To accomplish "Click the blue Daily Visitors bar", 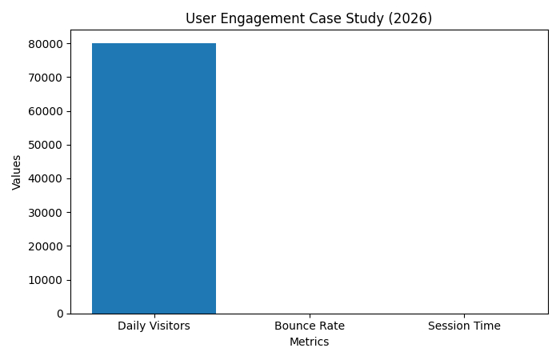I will click(154, 178).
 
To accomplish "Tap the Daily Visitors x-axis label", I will click(154, 326).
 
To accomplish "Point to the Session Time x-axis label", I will click(464, 326).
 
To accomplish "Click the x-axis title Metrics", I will click(309, 342).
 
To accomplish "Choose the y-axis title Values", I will click(17, 172).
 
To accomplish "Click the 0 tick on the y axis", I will click(60, 314).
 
